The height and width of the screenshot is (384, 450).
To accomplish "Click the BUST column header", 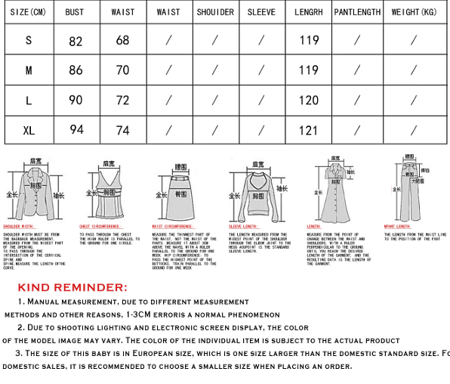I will [75, 12].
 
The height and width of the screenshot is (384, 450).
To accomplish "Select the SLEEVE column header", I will [261, 12].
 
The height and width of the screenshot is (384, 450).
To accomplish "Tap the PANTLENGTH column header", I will [357, 12].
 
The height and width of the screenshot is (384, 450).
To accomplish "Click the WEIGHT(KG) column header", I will [414, 12].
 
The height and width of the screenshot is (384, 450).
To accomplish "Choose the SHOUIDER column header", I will [215, 12].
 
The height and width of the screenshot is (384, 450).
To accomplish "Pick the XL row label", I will [29, 130].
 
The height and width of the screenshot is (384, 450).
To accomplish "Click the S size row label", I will [29, 41].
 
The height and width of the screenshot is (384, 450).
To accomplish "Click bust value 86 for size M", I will [76, 71].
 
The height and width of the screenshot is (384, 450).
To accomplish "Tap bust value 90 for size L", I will [76, 101].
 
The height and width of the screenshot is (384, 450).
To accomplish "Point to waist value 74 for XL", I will [122, 130].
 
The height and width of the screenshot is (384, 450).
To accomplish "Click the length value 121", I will [309, 130].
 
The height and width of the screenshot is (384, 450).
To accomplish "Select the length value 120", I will [309, 101].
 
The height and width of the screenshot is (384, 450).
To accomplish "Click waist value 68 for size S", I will [122, 41].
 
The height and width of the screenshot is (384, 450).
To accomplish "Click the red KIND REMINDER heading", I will [72, 287].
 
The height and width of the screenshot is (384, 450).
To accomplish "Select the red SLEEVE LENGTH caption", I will [243, 226].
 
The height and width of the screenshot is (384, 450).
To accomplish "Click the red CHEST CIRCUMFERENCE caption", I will [100, 226].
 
